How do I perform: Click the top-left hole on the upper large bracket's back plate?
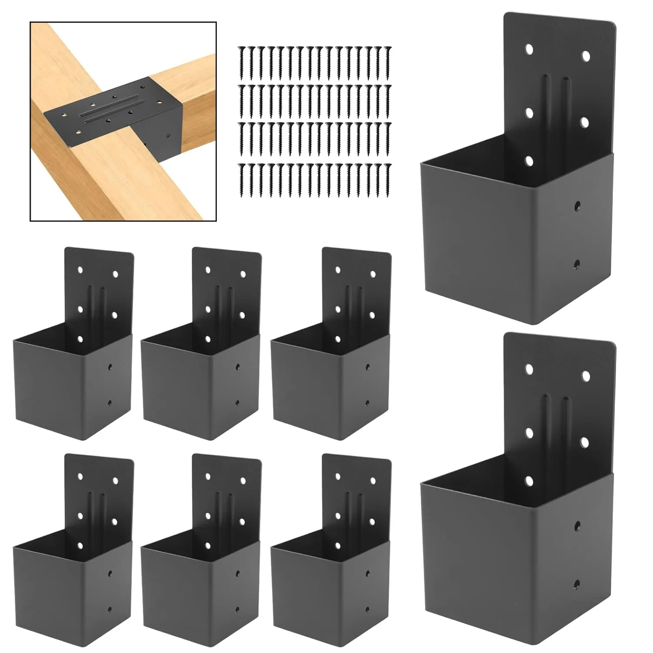pyautogui.click(x=529, y=49)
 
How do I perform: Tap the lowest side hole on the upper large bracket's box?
pyautogui.click(x=577, y=263)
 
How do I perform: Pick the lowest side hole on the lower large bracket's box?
pyautogui.click(x=577, y=583)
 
